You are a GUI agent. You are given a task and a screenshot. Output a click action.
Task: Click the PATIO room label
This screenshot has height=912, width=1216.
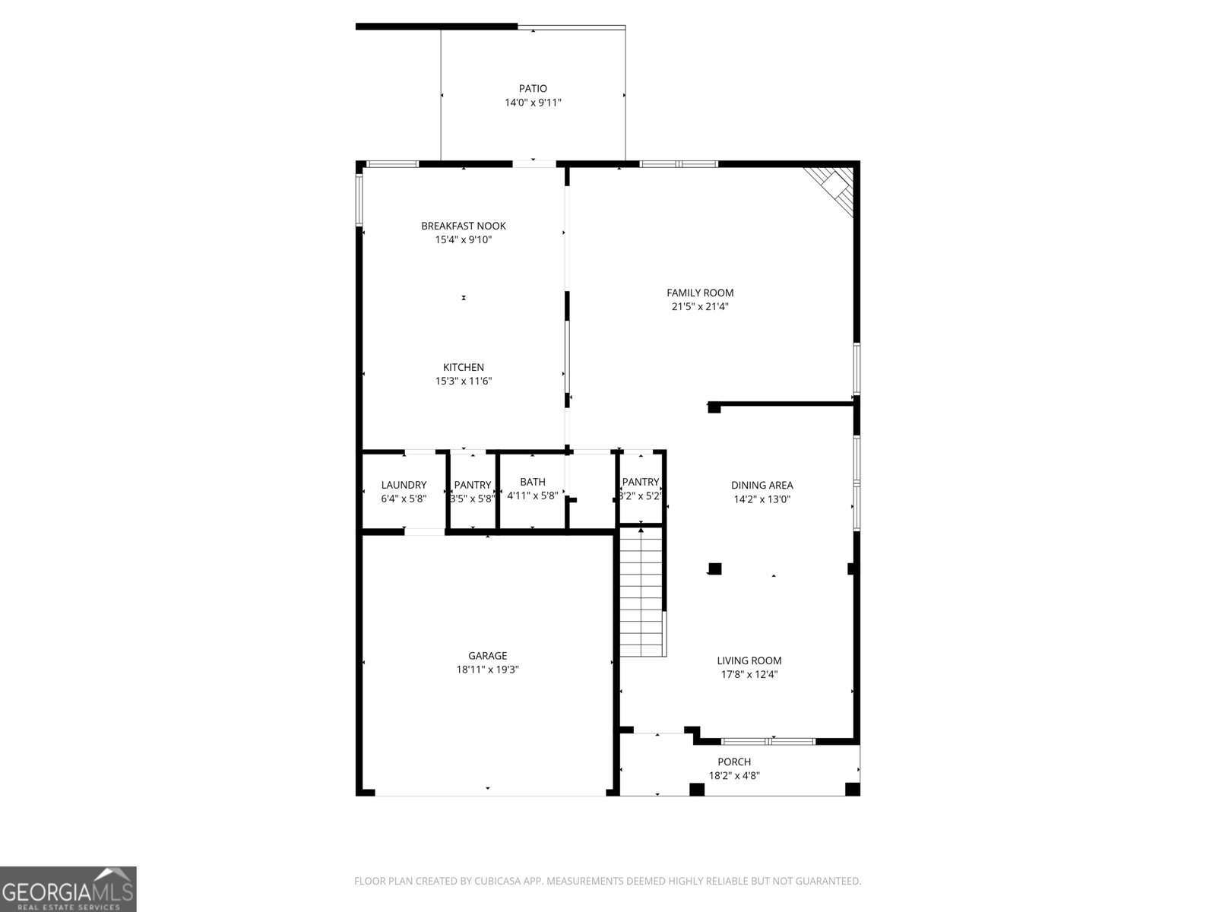pos(533,89)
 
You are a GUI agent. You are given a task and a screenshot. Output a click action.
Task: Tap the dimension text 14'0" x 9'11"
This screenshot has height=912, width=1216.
pos(533,103)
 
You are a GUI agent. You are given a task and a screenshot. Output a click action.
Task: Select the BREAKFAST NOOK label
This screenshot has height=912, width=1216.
pos(464,226)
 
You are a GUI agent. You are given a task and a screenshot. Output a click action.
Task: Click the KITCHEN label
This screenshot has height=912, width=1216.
pos(464,367)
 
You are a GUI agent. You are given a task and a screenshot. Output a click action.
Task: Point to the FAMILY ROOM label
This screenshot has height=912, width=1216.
pos(700,293)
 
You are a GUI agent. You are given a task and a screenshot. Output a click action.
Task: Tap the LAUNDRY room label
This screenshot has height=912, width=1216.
pos(404,485)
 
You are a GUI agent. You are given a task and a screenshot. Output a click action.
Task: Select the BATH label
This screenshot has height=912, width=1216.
pos(533,482)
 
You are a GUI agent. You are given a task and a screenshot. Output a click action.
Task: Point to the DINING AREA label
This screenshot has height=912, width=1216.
pos(762,485)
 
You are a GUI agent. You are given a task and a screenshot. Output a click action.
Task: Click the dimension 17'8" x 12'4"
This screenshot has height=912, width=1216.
pos(749,674)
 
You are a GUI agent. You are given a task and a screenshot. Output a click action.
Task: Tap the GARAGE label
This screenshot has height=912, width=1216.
pos(487,656)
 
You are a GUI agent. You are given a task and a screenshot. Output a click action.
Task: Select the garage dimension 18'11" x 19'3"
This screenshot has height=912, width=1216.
pos(487,670)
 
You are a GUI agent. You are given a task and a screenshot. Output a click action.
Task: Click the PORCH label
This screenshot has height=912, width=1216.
pos(734,762)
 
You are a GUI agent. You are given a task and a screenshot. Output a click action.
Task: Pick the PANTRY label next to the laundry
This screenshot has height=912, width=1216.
pos(473,485)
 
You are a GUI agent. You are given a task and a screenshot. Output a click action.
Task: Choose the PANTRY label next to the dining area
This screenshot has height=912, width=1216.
pos(641,482)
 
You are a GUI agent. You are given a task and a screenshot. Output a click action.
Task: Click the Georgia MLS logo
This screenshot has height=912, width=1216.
pos(68,889)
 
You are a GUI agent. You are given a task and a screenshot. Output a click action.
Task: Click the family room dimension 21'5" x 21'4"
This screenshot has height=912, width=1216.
pos(700,306)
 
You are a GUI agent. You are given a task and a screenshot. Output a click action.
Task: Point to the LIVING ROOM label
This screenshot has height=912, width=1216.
pos(749,660)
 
